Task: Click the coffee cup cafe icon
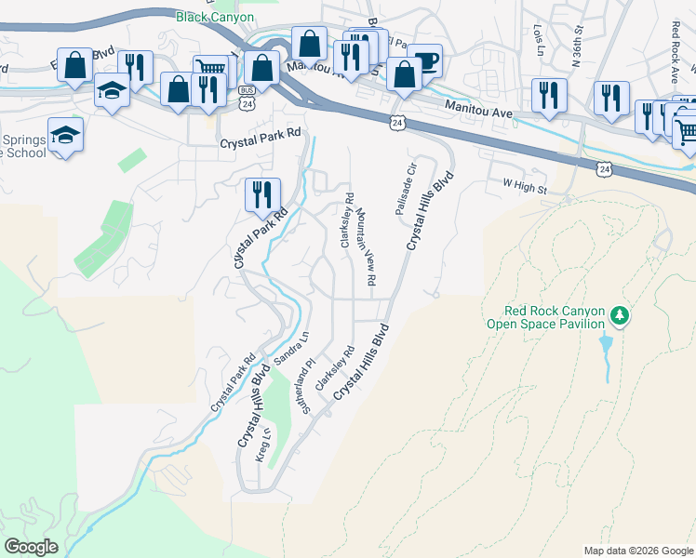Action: [x=425, y=60]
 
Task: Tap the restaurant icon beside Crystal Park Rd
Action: [x=261, y=193]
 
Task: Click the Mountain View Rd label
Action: [x=367, y=248]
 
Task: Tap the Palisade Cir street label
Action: [x=405, y=185]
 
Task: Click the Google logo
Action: [x=31, y=547]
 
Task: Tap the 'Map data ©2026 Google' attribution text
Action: [x=638, y=551]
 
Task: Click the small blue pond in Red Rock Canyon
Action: [x=607, y=349]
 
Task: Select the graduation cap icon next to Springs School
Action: [x=65, y=135]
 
